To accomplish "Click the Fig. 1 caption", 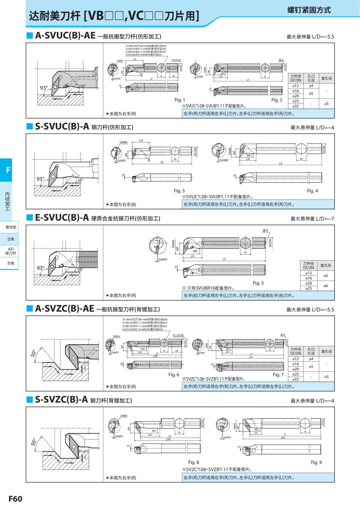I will pyautogui.click(x=180, y=100).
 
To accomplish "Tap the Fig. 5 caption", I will pyautogui.click(x=258, y=283).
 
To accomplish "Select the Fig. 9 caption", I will pyautogui.click(x=316, y=462).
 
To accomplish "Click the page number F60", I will pyautogui.click(x=15, y=499).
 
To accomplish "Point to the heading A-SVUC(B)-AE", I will pyautogui.click(x=65, y=36).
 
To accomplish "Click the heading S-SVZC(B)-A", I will pyautogui.click(x=61, y=400).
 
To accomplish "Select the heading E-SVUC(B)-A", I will pyautogui.click(x=62, y=217).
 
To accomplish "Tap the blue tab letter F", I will pyautogui.click(x=8, y=170).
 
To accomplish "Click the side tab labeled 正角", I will pyautogui.click(x=11, y=239).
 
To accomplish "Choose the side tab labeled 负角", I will pyautogui.click(x=11, y=263).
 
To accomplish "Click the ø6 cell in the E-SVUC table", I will pyautogui.click(x=325, y=286).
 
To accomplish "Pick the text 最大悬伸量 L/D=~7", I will pyautogui.click(x=312, y=219).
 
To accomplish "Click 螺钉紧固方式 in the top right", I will pyautogui.click(x=309, y=10).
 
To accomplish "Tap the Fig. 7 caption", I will pyautogui.click(x=278, y=375).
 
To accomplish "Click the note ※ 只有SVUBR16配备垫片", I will pyautogui.click(x=208, y=288).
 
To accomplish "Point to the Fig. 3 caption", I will pyautogui.click(x=179, y=191).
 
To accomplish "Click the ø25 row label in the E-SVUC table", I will pyautogui.click(x=308, y=288).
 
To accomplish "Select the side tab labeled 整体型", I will pyautogui.click(x=11, y=227).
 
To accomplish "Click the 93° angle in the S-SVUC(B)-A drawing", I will pyautogui.click(x=40, y=179).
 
